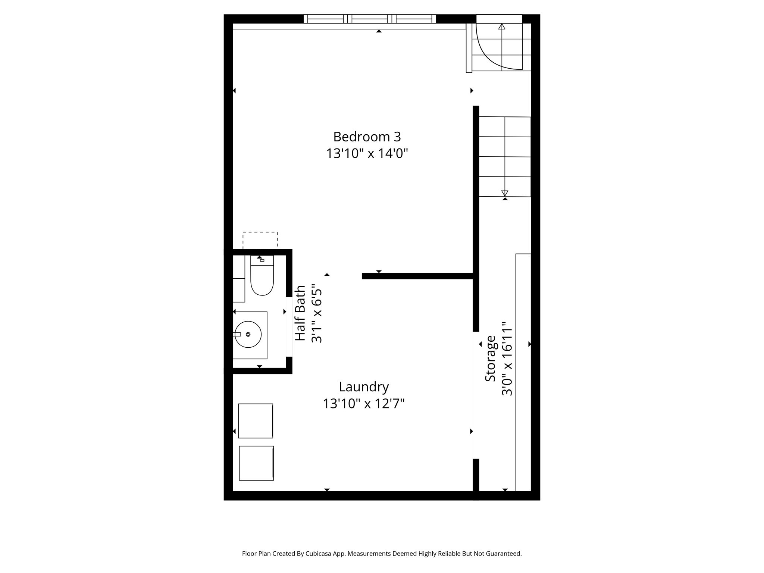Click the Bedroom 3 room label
367,137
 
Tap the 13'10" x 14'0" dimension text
367,153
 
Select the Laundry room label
364,387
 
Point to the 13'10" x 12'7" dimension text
364,404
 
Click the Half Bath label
300,313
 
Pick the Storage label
490,358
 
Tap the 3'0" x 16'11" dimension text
507,358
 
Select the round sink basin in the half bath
248,335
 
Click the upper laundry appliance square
256,421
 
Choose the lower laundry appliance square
256,463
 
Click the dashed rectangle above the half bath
260,239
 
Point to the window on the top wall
369,19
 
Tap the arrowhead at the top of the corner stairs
502,26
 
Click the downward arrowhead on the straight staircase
505,193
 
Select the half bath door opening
289,327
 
